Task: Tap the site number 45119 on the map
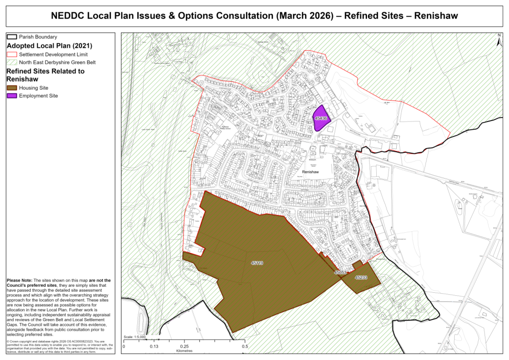(x=257, y=263)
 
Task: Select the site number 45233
(x=361, y=277)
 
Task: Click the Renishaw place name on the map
(x=311, y=172)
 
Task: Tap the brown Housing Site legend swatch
(x=12, y=88)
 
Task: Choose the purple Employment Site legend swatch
(x=12, y=96)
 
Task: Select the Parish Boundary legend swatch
(x=12, y=37)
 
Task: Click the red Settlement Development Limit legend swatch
(x=12, y=54)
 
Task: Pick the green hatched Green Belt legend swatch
(x=12, y=62)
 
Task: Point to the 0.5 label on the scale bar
(x=245, y=347)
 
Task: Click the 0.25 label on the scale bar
(x=184, y=347)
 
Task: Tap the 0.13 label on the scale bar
(x=153, y=347)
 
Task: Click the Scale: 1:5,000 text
(x=135, y=337)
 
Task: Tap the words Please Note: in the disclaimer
(x=19, y=281)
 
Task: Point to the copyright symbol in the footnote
(x=7, y=342)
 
